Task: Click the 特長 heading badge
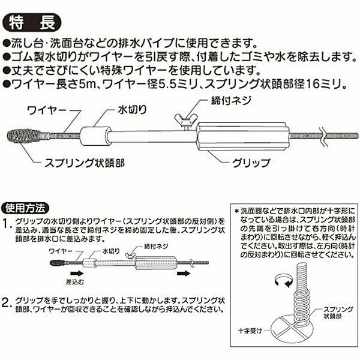(x=32, y=22)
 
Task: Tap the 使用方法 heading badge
(x=25, y=208)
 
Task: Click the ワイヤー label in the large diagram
(x=47, y=111)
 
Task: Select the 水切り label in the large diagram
(x=132, y=110)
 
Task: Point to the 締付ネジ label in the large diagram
(x=231, y=101)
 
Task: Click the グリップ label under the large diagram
(x=251, y=163)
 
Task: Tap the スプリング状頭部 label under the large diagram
(x=85, y=163)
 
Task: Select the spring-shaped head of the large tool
(x=25, y=137)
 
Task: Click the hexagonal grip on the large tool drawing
(x=243, y=137)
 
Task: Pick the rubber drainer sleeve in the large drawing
(x=94, y=136)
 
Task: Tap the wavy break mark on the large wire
(x=323, y=136)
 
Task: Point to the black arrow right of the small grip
(x=184, y=273)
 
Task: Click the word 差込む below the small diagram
(x=75, y=282)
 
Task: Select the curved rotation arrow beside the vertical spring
(x=284, y=281)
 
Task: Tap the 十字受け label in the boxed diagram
(x=250, y=331)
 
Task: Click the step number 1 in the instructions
(x=5, y=224)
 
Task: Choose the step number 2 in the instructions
(x=6, y=302)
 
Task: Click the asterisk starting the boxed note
(x=237, y=211)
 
